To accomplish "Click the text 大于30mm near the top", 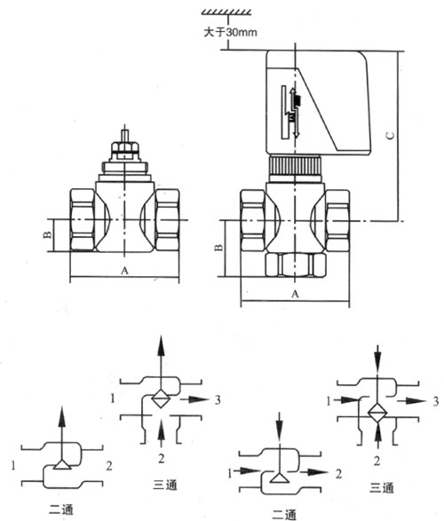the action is (230, 32).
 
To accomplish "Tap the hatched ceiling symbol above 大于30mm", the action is (226, 12).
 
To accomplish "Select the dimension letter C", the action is (391, 136).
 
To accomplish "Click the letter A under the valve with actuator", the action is (295, 294).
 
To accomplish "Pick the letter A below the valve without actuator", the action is (124, 271).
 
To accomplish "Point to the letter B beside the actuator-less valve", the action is (48, 234).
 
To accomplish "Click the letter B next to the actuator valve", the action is (218, 248).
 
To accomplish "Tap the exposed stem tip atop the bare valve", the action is (124, 136).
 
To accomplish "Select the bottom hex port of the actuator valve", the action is (296, 264).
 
